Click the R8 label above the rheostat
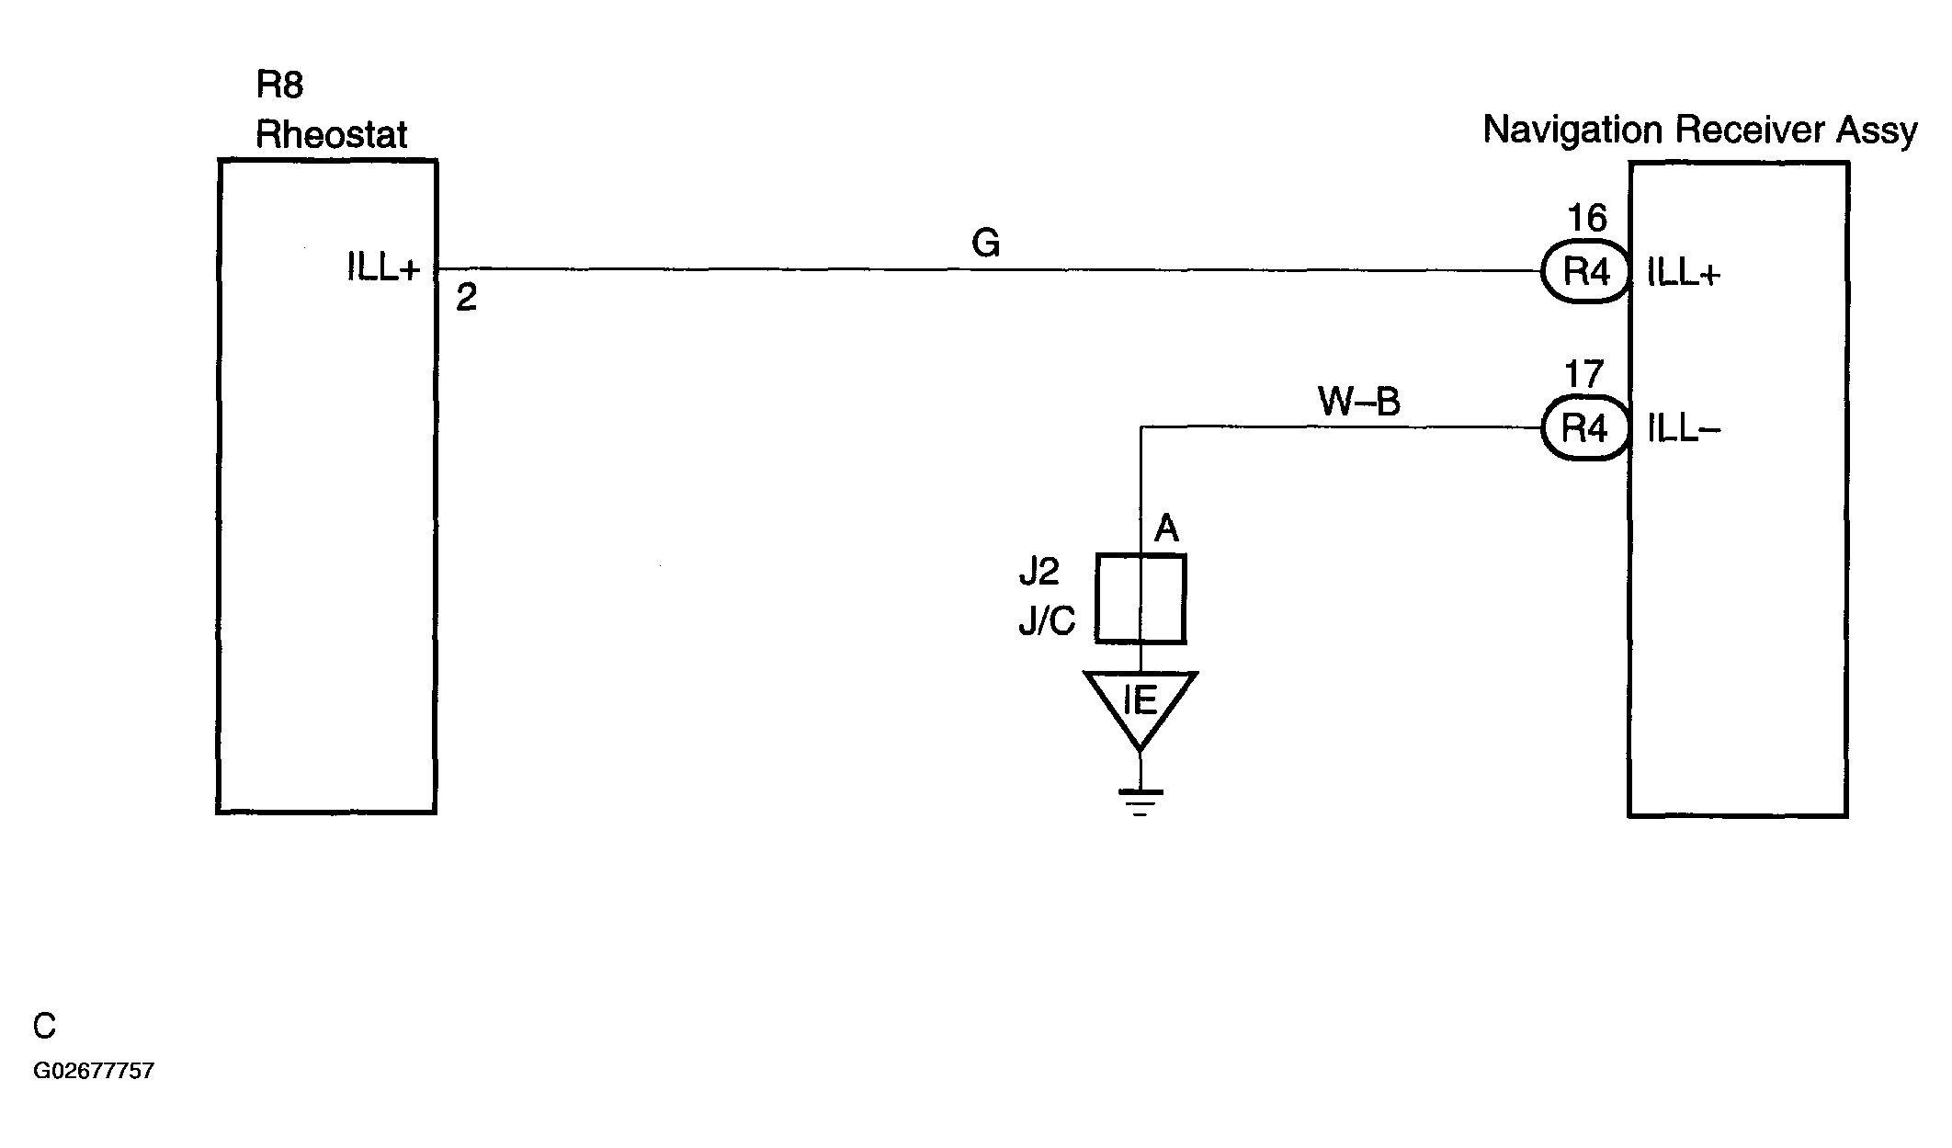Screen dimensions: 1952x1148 pos(279,85)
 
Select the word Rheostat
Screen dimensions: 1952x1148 pos(331,134)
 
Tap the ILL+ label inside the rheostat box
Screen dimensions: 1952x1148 pos(383,267)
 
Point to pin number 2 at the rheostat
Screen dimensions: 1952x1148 pos(467,298)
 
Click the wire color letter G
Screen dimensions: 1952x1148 pos(985,244)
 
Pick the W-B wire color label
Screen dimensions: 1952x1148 pos(1359,401)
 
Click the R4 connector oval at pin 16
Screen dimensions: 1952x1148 pos(1585,272)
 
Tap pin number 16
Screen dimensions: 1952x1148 pos(1587,219)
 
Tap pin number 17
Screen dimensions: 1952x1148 pos(1584,375)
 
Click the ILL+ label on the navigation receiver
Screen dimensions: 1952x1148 pos(1684,273)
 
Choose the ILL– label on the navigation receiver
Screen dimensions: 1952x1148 pos(1684,429)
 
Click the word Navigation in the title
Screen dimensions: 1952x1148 pos(1573,131)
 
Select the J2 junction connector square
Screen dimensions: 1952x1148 pos(1141,598)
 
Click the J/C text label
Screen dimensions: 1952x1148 pos(1047,622)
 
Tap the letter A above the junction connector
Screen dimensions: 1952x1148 pos(1166,529)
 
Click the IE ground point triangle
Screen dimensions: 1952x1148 pos(1141,709)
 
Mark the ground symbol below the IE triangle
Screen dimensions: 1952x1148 pos(1141,802)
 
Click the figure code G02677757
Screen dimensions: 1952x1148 pos(94,1071)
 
